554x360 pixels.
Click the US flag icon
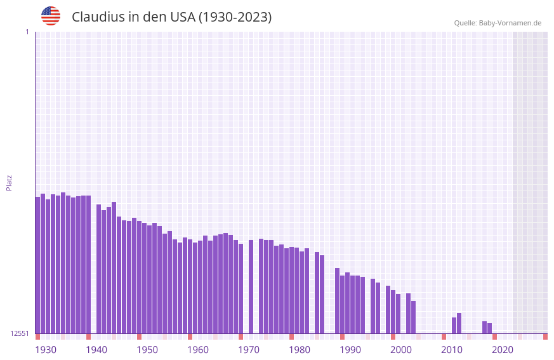(x=51, y=16)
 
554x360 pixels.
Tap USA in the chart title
(x=182, y=17)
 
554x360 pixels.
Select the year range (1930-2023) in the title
(x=235, y=17)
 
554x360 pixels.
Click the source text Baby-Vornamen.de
(x=510, y=23)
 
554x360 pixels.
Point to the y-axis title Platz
(x=9, y=182)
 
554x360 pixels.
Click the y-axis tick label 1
(x=27, y=32)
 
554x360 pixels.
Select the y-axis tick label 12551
(x=19, y=333)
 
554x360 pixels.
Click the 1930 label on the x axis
(x=46, y=350)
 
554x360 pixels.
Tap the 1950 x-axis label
(x=147, y=350)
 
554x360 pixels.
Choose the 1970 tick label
(x=249, y=350)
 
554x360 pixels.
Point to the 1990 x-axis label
(x=350, y=350)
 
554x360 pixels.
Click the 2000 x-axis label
(x=401, y=350)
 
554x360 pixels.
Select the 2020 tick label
(x=503, y=350)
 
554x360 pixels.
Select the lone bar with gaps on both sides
(x=251, y=286)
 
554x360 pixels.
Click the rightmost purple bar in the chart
(x=490, y=328)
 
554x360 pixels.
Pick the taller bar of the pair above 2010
(x=459, y=323)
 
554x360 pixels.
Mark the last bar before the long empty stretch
(x=414, y=317)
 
